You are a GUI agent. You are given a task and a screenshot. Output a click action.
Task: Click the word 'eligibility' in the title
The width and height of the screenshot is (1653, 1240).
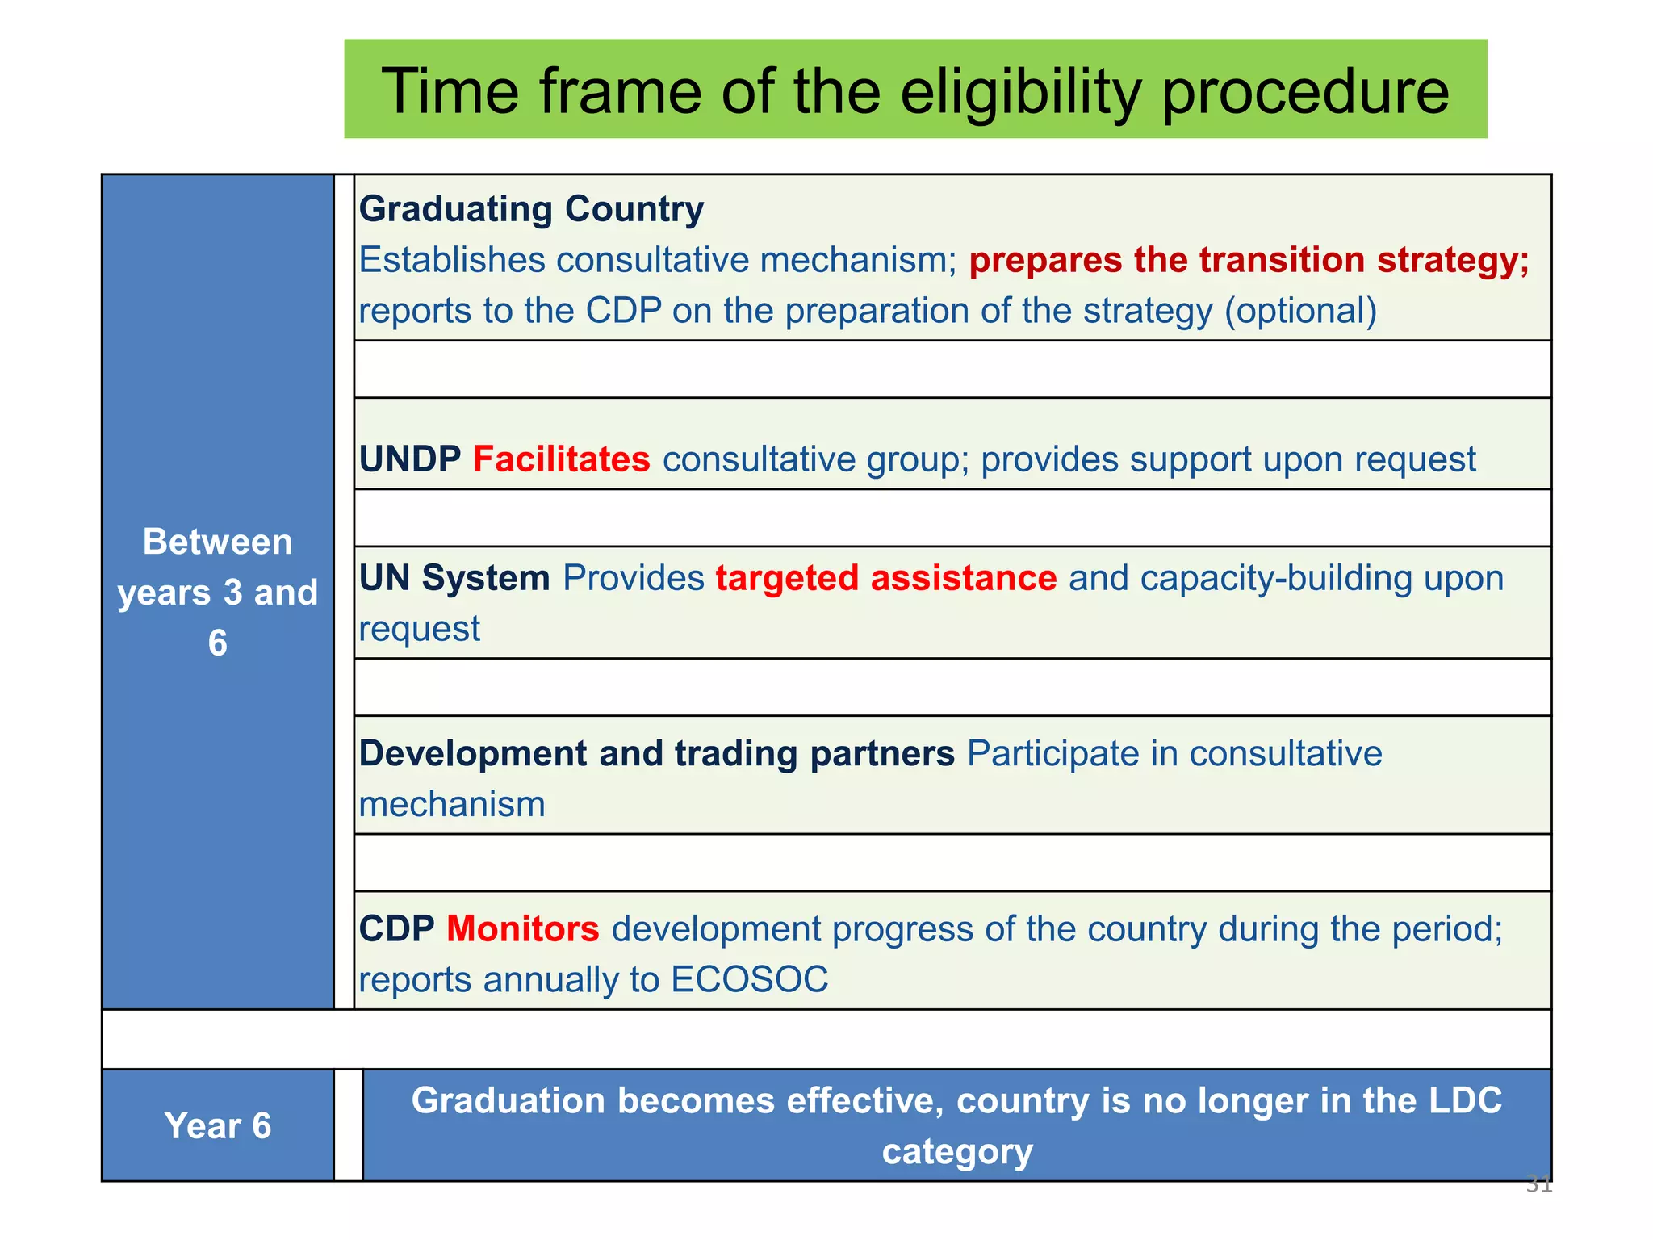pos(1020,92)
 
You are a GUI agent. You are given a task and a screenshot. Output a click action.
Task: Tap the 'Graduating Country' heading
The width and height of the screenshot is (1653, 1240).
pos(531,209)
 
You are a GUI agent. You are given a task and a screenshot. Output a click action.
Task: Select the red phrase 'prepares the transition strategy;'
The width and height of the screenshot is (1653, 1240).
pos(1249,260)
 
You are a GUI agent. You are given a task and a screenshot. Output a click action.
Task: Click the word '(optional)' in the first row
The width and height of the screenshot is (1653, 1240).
pos(1300,311)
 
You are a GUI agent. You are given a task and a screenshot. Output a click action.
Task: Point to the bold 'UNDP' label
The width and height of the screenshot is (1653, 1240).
pos(410,459)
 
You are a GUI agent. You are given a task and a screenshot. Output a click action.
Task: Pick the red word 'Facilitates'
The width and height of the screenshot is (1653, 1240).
pos(561,459)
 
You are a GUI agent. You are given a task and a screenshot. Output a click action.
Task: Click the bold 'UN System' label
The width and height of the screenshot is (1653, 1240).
pos(454,578)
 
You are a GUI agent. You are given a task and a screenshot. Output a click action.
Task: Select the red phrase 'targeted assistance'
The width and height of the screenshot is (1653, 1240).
pos(885,578)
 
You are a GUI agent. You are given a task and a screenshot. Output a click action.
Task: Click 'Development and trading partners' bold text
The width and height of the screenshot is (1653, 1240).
pos(656,753)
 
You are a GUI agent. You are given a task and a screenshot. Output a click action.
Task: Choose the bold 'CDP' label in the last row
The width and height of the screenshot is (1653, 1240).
pos(396,928)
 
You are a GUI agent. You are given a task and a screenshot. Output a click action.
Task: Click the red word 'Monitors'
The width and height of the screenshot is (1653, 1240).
pos(522,928)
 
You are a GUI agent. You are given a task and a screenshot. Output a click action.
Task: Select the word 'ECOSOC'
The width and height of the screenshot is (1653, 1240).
pos(749,979)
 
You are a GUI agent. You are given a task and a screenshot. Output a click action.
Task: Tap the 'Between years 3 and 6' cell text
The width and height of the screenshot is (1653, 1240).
pos(217,592)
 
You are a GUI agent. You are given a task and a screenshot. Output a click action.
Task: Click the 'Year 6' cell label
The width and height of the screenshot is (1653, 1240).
pos(217,1125)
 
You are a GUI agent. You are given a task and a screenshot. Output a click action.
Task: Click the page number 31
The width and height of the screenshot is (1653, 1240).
pos(1538,1184)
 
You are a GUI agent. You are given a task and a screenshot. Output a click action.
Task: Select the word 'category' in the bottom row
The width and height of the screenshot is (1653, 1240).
pos(956,1151)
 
